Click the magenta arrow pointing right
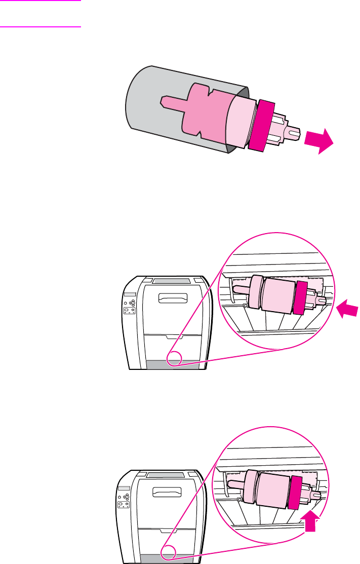[319, 140]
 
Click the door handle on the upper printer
[172, 298]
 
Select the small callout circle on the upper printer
[174, 358]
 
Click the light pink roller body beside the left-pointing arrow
[279, 296]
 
